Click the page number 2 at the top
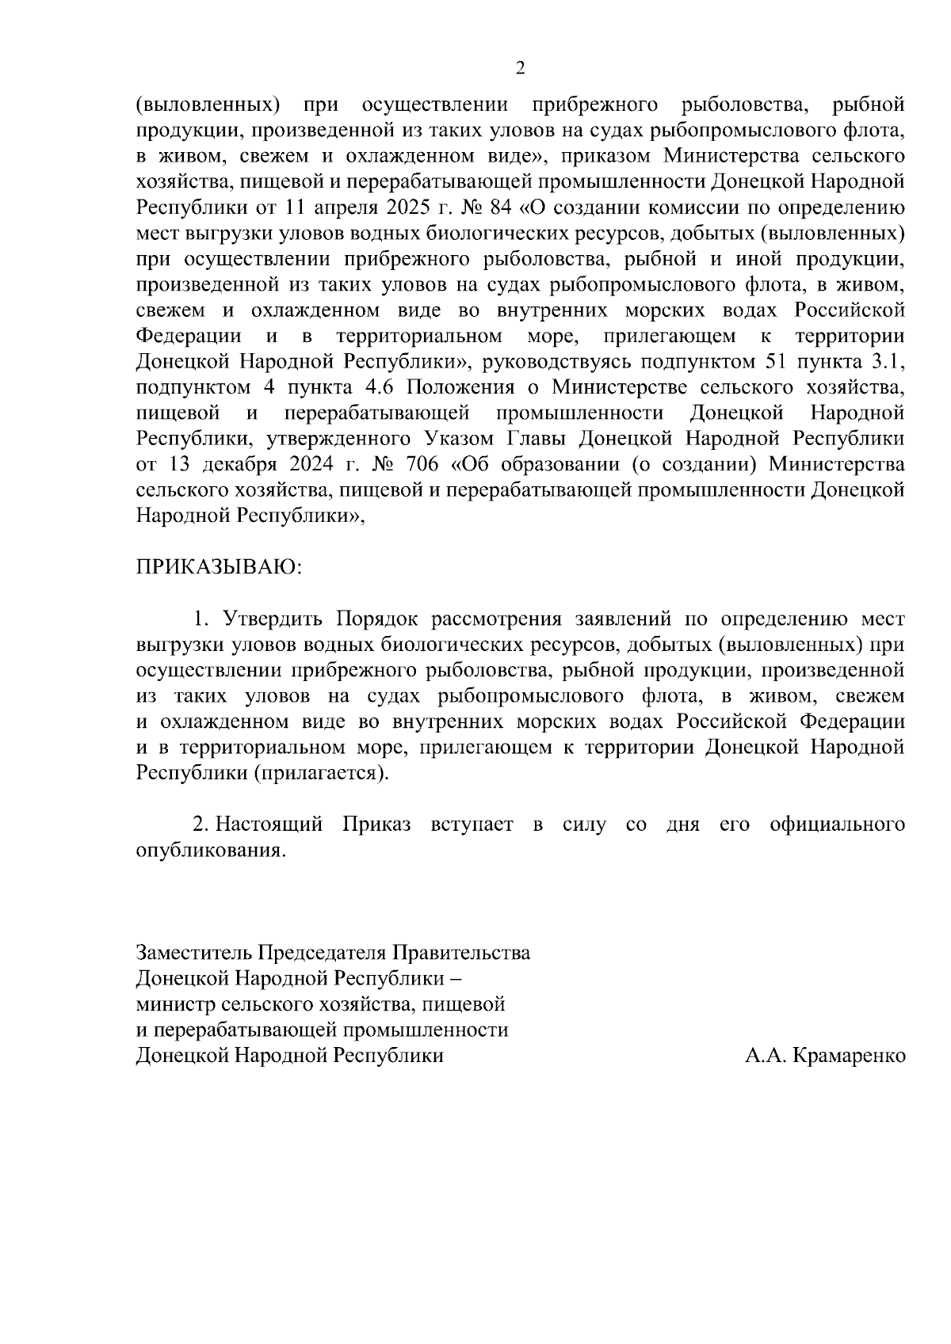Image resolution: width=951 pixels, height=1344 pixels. click(x=520, y=68)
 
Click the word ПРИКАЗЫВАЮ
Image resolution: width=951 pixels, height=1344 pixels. click(x=218, y=568)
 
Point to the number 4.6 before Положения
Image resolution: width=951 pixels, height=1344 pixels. click(x=381, y=387)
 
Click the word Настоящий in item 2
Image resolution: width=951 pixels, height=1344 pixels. click(x=269, y=824)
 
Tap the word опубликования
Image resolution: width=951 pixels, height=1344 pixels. click(x=209, y=851)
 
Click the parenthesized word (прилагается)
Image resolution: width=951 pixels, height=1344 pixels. click(x=321, y=773)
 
